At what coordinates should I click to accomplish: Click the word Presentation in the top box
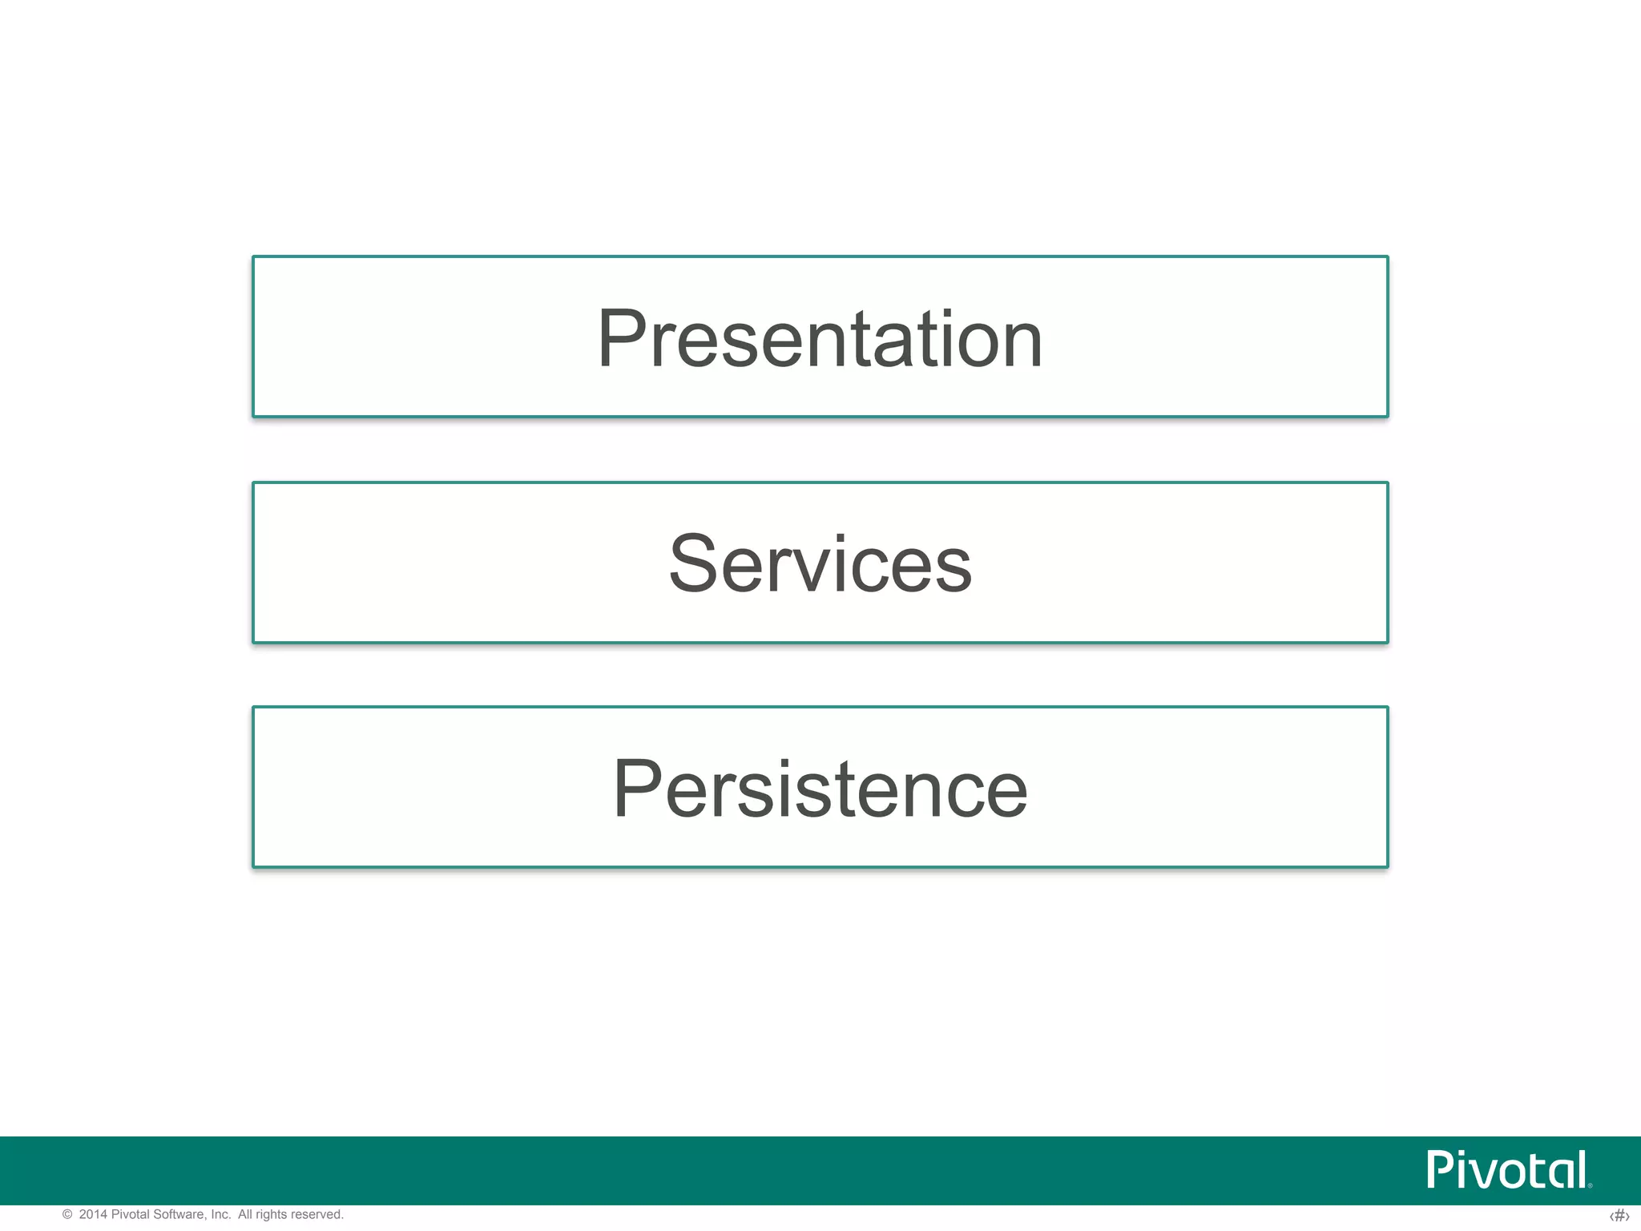point(820,339)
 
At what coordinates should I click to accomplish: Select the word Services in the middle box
point(820,564)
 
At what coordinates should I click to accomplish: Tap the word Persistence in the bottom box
point(820,789)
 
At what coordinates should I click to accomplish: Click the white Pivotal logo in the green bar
point(1506,1170)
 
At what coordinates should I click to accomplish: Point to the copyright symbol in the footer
point(67,1215)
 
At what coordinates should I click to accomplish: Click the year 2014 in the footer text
point(93,1215)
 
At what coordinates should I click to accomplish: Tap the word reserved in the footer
point(318,1215)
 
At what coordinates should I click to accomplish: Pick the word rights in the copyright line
point(272,1215)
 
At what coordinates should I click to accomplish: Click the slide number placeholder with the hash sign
point(1619,1216)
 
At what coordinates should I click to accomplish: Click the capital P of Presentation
point(622,339)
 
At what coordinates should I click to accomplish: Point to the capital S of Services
point(692,564)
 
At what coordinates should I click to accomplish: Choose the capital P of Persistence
point(638,789)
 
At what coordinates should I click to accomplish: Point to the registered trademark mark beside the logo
point(1590,1185)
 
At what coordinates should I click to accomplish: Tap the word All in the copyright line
point(245,1215)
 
